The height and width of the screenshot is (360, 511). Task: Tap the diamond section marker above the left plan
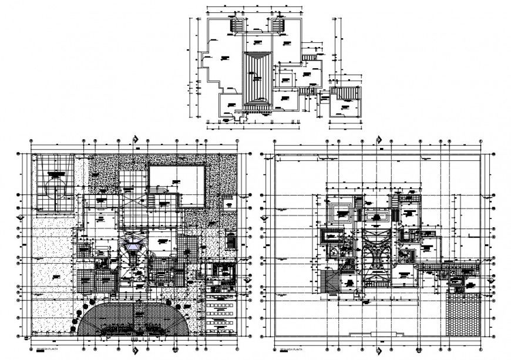136,139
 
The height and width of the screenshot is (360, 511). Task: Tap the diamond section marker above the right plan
379,139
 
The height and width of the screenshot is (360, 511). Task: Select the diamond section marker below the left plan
136,351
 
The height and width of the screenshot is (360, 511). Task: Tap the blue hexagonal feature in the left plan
134,247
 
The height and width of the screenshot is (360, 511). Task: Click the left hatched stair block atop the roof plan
237,26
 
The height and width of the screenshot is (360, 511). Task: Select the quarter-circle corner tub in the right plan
334,251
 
